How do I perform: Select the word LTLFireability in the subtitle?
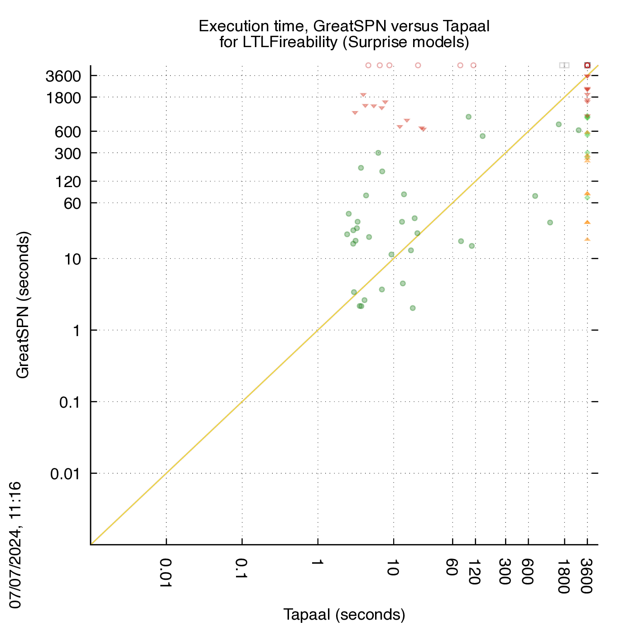[x=290, y=42]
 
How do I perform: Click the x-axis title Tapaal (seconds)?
[x=344, y=614]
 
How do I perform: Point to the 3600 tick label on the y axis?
[x=63, y=77]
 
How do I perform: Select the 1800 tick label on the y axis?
[x=63, y=98]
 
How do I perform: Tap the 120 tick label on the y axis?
[x=68, y=182]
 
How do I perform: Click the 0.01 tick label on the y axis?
[x=65, y=474]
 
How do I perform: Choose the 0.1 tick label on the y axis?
[x=69, y=403]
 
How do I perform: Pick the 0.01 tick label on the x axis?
[x=166, y=573]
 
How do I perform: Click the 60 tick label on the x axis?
[x=452, y=567]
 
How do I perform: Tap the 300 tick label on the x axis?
[x=505, y=571]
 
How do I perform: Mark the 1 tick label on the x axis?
[x=318, y=562]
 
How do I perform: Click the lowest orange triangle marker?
[x=587, y=240]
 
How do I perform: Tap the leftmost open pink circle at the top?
[x=368, y=65]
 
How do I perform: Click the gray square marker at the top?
[x=564, y=65]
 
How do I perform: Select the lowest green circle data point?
[x=413, y=308]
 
